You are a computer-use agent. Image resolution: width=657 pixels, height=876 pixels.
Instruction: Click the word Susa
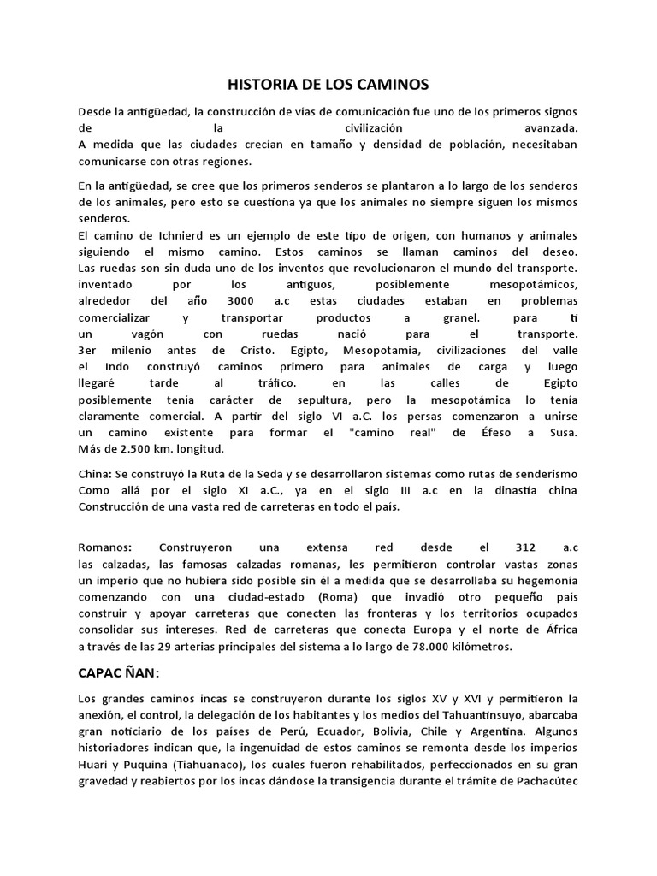coord(564,431)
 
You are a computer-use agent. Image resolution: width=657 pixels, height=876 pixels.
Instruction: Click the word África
coord(559,631)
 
